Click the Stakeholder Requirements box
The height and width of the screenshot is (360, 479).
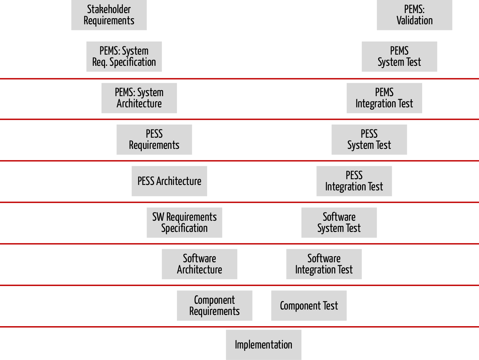(x=109, y=15)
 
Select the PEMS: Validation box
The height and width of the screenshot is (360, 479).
(x=414, y=15)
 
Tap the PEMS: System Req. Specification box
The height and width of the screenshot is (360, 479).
(x=124, y=57)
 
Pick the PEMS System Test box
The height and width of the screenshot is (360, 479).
(x=399, y=57)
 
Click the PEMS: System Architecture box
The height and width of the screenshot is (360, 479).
(x=139, y=98)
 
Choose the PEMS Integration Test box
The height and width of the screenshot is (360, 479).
(x=384, y=98)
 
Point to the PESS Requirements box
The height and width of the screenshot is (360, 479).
(x=154, y=140)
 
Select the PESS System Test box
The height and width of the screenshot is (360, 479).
(x=369, y=140)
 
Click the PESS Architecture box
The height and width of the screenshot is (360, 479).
(x=169, y=181)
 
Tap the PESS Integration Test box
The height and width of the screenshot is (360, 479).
(x=354, y=181)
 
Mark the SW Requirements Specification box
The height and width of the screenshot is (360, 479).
(x=184, y=222)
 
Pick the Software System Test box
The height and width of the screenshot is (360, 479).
(x=339, y=222)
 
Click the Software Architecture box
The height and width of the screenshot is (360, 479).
(x=200, y=264)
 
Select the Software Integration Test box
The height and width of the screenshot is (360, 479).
(x=324, y=264)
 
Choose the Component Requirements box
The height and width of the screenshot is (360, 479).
(x=215, y=305)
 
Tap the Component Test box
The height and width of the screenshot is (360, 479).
(x=309, y=305)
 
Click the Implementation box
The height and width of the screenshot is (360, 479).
(x=264, y=345)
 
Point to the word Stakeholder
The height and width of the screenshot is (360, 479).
(x=109, y=9)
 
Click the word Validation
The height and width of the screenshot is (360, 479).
(x=414, y=20)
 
